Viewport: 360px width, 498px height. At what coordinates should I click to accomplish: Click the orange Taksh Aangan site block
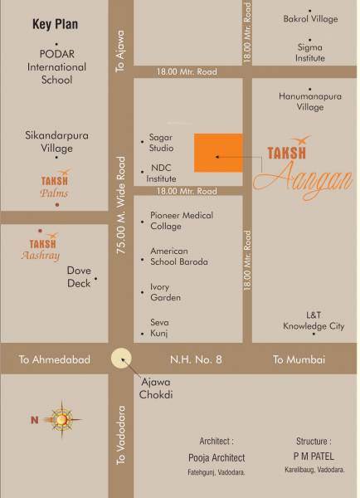tap(218, 153)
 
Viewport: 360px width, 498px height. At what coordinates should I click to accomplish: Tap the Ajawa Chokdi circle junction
tap(123, 359)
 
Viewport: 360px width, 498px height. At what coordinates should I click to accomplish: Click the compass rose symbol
tap(61, 419)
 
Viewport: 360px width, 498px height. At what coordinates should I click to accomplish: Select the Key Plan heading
tap(55, 25)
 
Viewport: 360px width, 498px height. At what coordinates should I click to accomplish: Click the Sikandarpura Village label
tap(50, 141)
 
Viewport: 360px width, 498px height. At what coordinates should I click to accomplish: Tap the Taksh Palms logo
tap(55, 184)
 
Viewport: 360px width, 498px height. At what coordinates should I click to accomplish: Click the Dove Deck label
tap(79, 276)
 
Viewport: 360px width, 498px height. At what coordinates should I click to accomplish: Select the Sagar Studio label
tap(161, 142)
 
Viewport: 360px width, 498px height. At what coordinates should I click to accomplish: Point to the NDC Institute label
tap(162, 173)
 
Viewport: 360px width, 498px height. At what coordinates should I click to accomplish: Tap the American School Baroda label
tap(178, 256)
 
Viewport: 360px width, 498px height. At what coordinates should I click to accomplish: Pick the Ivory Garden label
tap(165, 291)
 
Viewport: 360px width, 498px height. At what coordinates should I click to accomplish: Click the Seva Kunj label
tap(158, 327)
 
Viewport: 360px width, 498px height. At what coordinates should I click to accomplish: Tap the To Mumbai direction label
tap(299, 359)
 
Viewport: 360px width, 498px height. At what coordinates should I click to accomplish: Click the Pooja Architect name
tap(216, 457)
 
